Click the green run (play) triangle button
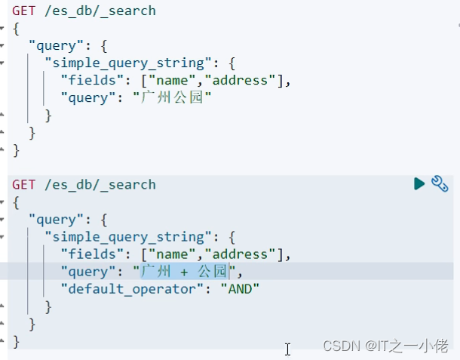click(419, 183)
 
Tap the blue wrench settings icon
click(440, 183)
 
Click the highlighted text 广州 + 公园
click(185, 271)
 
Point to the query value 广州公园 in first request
click(172, 97)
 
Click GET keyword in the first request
click(24, 11)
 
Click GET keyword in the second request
click(24, 184)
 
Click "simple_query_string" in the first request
click(124, 63)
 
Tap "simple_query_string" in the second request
click(124, 236)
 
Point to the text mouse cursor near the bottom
click(287, 349)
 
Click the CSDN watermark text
click(339, 346)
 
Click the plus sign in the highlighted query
click(184, 271)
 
